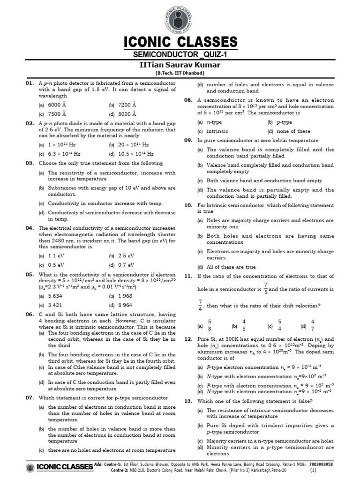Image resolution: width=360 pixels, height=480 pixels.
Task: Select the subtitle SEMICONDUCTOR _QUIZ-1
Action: [180, 54]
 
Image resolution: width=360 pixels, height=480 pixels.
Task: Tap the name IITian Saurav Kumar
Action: [180, 64]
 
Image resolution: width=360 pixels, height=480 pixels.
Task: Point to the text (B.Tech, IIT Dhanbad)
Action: [180, 73]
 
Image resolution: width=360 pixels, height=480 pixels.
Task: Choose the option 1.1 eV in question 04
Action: [56, 255]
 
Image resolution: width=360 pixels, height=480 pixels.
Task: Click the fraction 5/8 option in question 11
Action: [209, 325]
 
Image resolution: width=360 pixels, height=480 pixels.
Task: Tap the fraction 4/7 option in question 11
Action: [313, 325]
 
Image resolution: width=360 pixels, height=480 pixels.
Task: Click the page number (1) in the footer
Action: [313, 470]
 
